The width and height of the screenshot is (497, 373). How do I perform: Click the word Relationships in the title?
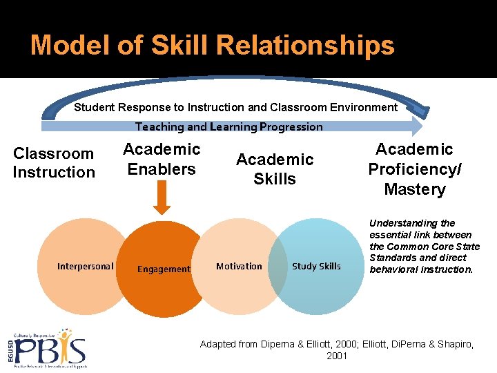[x=305, y=45]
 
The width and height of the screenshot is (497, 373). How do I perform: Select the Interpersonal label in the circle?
[x=86, y=266]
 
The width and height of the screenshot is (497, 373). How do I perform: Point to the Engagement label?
[x=164, y=269]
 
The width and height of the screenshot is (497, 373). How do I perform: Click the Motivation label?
[x=239, y=266]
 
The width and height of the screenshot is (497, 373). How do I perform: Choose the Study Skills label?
[x=316, y=266]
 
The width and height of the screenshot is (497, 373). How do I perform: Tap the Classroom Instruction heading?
[x=54, y=163]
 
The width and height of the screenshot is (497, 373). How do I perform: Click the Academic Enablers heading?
[x=162, y=159]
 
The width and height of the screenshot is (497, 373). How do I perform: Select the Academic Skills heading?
[x=275, y=169]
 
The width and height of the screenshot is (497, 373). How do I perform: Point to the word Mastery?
[x=415, y=189]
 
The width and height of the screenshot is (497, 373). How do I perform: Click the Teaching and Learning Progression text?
[x=229, y=126]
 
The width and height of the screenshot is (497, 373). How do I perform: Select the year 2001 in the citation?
[x=337, y=356]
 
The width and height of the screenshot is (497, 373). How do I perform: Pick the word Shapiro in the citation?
[x=455, y=344]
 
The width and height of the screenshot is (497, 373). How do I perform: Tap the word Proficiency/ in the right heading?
[x=415, y=169]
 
